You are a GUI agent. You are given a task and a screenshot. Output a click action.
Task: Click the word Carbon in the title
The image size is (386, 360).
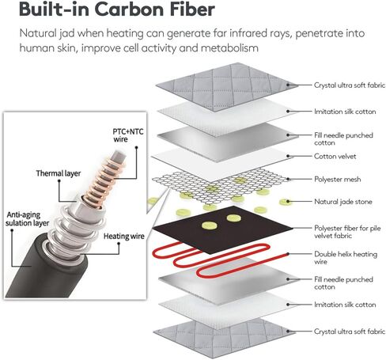click(130, 9)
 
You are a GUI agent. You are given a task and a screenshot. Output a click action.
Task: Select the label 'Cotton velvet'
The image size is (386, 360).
click(335, 156)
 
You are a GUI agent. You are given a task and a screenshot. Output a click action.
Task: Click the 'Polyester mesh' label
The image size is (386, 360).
click(338, 180)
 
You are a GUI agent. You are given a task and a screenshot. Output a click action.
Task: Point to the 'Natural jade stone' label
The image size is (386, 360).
click(343, 202)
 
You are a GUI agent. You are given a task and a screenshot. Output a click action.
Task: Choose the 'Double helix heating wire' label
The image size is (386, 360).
click(346, 258)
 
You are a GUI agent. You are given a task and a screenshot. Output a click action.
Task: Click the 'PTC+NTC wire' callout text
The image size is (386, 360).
click(128, 135)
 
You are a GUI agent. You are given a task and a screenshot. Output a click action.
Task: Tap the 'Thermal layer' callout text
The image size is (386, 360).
click(59, 173)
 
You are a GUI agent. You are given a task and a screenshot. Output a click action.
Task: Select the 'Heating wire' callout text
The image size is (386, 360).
click(124, 236)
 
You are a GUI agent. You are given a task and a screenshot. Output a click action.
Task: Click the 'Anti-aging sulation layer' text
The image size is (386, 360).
click(27, 219)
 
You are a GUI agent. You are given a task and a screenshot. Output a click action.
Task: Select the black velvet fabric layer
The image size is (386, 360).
click(222, 229)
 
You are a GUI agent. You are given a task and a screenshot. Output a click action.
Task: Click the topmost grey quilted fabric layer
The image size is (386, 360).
click(226, 85)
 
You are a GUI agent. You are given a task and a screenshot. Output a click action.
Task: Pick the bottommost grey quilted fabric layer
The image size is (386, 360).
click(225, 338)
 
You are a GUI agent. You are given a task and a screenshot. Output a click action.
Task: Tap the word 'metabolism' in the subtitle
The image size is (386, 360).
click(229, 48)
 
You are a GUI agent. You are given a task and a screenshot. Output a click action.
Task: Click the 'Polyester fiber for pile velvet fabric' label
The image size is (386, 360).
click(347, 232)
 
